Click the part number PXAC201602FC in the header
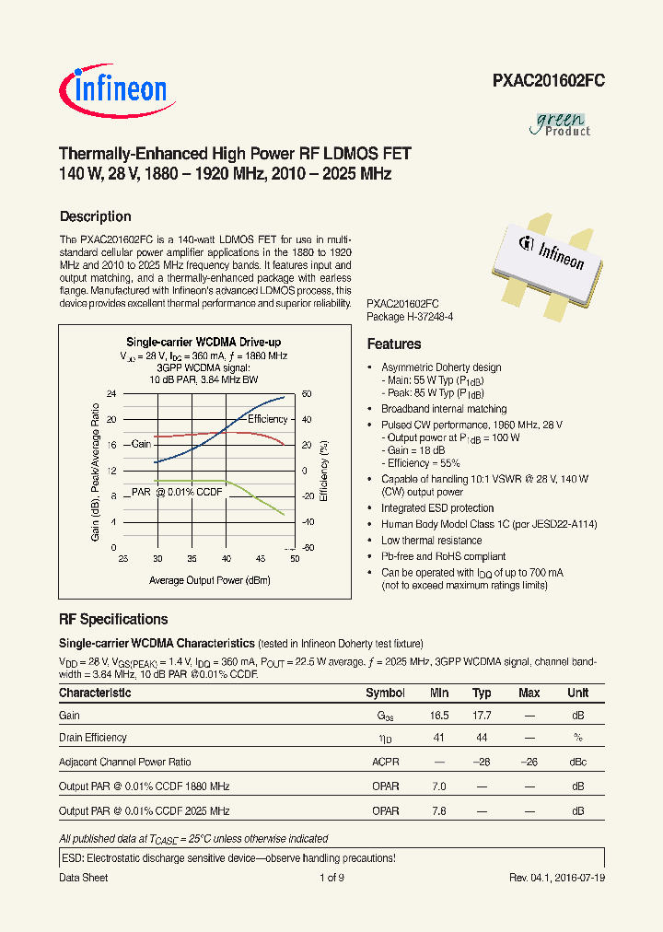(x=547, y=81)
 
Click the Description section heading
(x=95, y=216)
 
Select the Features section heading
(x=394, y=344)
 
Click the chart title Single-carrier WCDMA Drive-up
(x=204, y=342)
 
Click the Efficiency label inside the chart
(x=268, y=419)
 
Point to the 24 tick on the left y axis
(x=111, y=394)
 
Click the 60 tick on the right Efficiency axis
(x=308, y=394)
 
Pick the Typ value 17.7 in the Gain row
(x=482, y=716)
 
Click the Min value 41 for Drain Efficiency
(x=438, y=738)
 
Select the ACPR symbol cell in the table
(x=385, y=763)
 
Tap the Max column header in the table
(x=529, y=693)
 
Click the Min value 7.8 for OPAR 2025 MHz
(x=438, y=810)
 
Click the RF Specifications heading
(x=113, y=619)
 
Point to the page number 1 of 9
(x=331, y=878)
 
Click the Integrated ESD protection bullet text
(x=432, y=507)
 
